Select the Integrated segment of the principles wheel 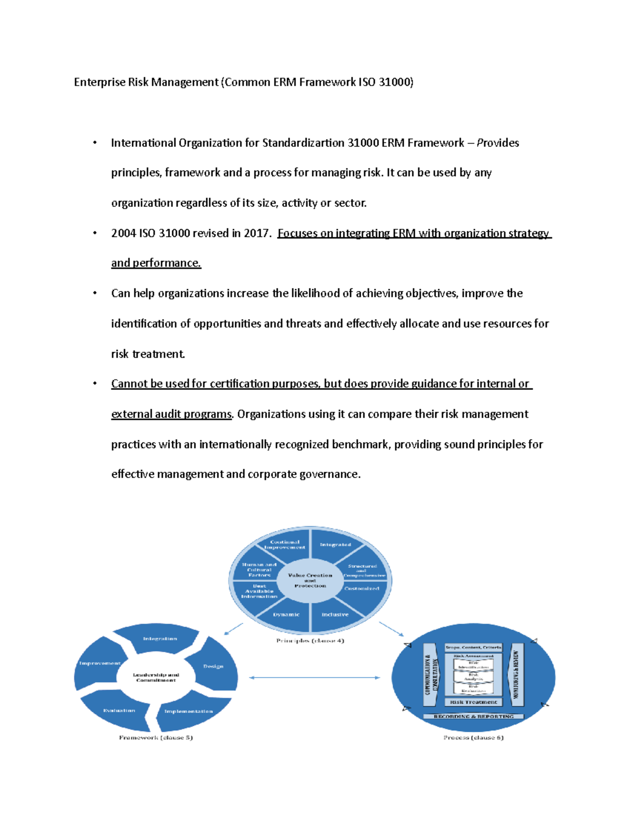click(x=335, y=545)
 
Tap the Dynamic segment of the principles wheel click(x=286, y=615)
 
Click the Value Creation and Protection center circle click(x=310, y=580)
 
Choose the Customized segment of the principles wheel click(x=362, y=589)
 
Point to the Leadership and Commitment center click(x=156, y=678)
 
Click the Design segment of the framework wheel click(x=213, y=666)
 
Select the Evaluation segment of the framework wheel click(x=119, y=711)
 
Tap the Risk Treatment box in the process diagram click(x=474, y=702)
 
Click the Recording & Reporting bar click(x=474, y=716)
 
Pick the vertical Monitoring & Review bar click(x=517, y=675)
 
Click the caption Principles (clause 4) click(x=310, y=641)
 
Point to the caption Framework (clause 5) click(x=156, y=738)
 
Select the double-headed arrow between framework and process click(x=314, y=678)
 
